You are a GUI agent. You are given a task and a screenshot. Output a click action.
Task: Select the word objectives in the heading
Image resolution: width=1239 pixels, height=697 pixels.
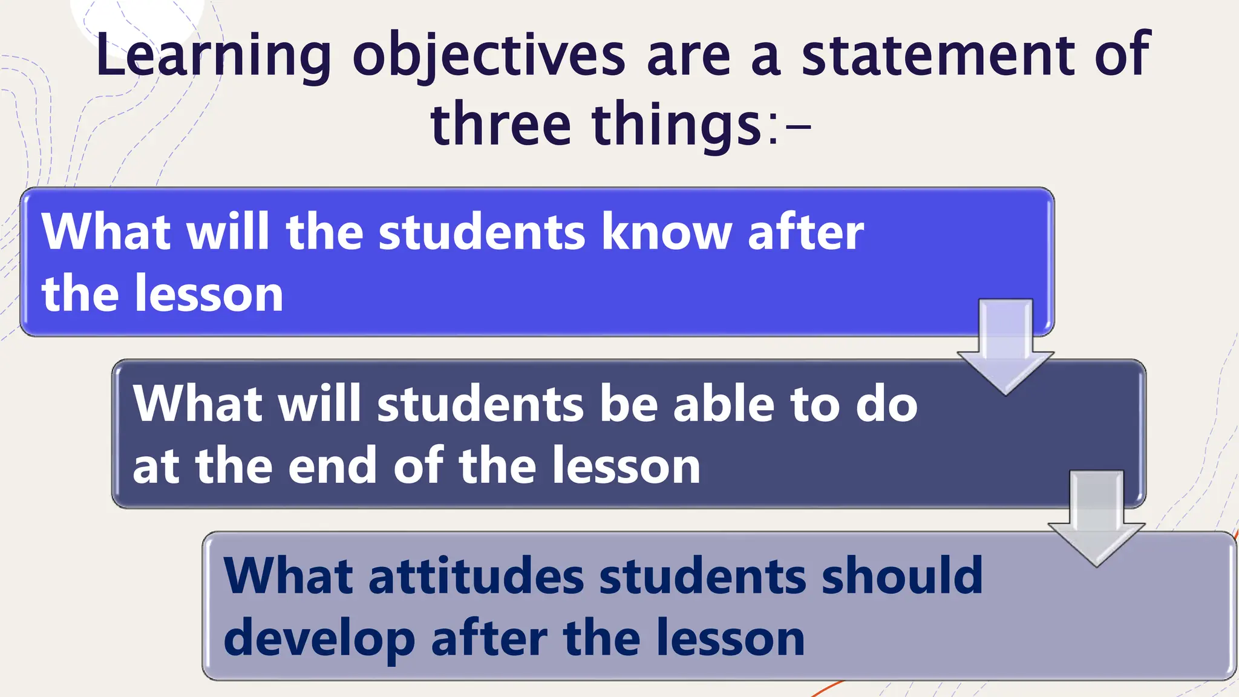click(489, 56)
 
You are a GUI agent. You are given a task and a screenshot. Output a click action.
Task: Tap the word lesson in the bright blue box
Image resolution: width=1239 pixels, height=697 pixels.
click(209, 294)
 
